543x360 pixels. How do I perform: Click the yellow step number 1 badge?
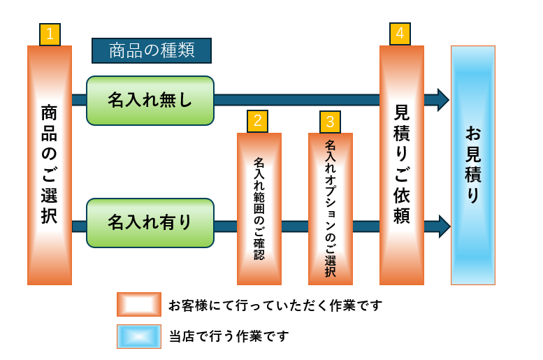(x=50, y=34)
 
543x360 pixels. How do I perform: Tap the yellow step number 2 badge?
(x=257, y=122)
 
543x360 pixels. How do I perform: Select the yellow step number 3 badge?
(x=330, y=122)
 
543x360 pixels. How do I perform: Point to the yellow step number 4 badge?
(x=400, y=34)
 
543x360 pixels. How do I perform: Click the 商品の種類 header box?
(x=152, y=50)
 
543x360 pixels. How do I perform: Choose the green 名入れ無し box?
(x=150, y=101)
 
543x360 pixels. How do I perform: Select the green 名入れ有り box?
(x=150, y=223)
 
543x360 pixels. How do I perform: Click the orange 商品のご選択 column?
(x=50, y=165)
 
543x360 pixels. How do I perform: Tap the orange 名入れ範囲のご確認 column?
(x=259, y=208)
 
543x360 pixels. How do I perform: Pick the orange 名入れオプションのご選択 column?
(x=331, y=208)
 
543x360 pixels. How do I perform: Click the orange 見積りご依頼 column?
(x=402, y=165)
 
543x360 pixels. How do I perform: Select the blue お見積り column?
(x=473, y=165)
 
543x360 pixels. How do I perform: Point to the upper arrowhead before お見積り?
(x=442, y=100)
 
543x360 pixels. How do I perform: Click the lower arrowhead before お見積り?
(x=442, y=226)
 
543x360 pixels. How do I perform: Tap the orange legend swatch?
(x=139, y=305)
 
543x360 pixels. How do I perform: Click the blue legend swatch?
(x=139, y=336)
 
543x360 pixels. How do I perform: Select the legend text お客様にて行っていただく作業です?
(x=275, y=305)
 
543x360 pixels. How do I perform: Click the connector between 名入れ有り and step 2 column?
(x=225, y=226)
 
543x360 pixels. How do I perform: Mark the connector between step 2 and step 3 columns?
(x=295, y=226)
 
